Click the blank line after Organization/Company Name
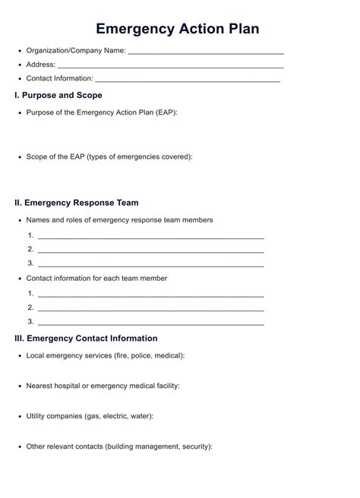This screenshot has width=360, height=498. coord(206,52)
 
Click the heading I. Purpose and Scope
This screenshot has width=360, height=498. coord(58,96)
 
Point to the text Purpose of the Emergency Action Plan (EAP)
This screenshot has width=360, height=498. coord(102,112)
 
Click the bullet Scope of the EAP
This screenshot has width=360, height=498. coord(109,156)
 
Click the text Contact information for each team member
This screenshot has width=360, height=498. coord(96,279)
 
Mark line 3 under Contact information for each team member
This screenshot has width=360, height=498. coord(150,323)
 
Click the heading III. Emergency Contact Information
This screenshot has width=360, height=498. coord(87,339)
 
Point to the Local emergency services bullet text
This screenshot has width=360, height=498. coord(105,355)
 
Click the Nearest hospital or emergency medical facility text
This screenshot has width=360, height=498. coord(103,386)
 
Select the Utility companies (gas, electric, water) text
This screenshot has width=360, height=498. coord(90,416)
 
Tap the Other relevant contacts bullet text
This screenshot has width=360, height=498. coord(119,446)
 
